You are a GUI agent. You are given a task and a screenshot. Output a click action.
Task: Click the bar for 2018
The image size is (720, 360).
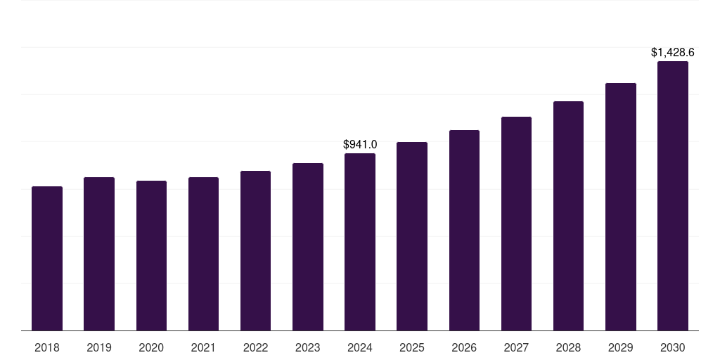click(x=47, y=259)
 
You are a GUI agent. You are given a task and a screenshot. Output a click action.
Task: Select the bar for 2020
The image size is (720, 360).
click(x=151, y=256)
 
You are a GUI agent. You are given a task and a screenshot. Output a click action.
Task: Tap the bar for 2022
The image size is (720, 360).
click(x=255, y=251)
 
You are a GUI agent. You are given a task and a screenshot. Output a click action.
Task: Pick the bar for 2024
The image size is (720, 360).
click(x=360, y=242)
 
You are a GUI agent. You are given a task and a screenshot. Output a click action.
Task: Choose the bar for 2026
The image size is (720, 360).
click(x=464, y=231)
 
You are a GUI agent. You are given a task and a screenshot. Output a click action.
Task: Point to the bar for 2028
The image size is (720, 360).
click(x=568, y=216)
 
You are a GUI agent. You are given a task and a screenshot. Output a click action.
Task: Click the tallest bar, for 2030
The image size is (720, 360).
click(x=673, y=196)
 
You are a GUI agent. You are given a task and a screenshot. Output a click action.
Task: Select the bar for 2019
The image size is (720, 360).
click(x=99, y=254)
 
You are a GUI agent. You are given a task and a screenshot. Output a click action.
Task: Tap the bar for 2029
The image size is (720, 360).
click(x=621, y=207)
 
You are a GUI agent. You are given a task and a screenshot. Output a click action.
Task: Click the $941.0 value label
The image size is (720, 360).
click(x=360, y=144)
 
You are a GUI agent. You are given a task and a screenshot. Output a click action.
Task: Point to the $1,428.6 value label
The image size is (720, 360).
click(x=673, y=52)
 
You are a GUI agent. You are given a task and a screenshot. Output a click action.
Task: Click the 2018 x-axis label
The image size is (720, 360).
click(x=47, y=347)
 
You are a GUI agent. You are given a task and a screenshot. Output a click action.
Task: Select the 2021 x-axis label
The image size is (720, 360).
click(x=203, y=347)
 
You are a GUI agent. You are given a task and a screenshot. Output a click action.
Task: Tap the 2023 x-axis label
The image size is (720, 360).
click(x=308, y=347)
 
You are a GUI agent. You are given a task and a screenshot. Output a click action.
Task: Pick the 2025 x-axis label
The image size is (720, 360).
click(x=412, y=347)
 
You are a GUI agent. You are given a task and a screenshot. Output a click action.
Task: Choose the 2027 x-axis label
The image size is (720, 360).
click(x=516, y=347)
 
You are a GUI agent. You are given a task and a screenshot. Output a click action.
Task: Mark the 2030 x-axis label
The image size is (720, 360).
click(x=673, y=347)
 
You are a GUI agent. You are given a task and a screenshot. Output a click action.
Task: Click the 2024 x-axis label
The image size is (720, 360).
click(x=360, y=347)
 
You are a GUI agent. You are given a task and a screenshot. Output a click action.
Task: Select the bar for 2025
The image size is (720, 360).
click(x=412, y=236)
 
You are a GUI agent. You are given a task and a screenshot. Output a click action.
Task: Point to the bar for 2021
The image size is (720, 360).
click(x=203, y=254)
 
